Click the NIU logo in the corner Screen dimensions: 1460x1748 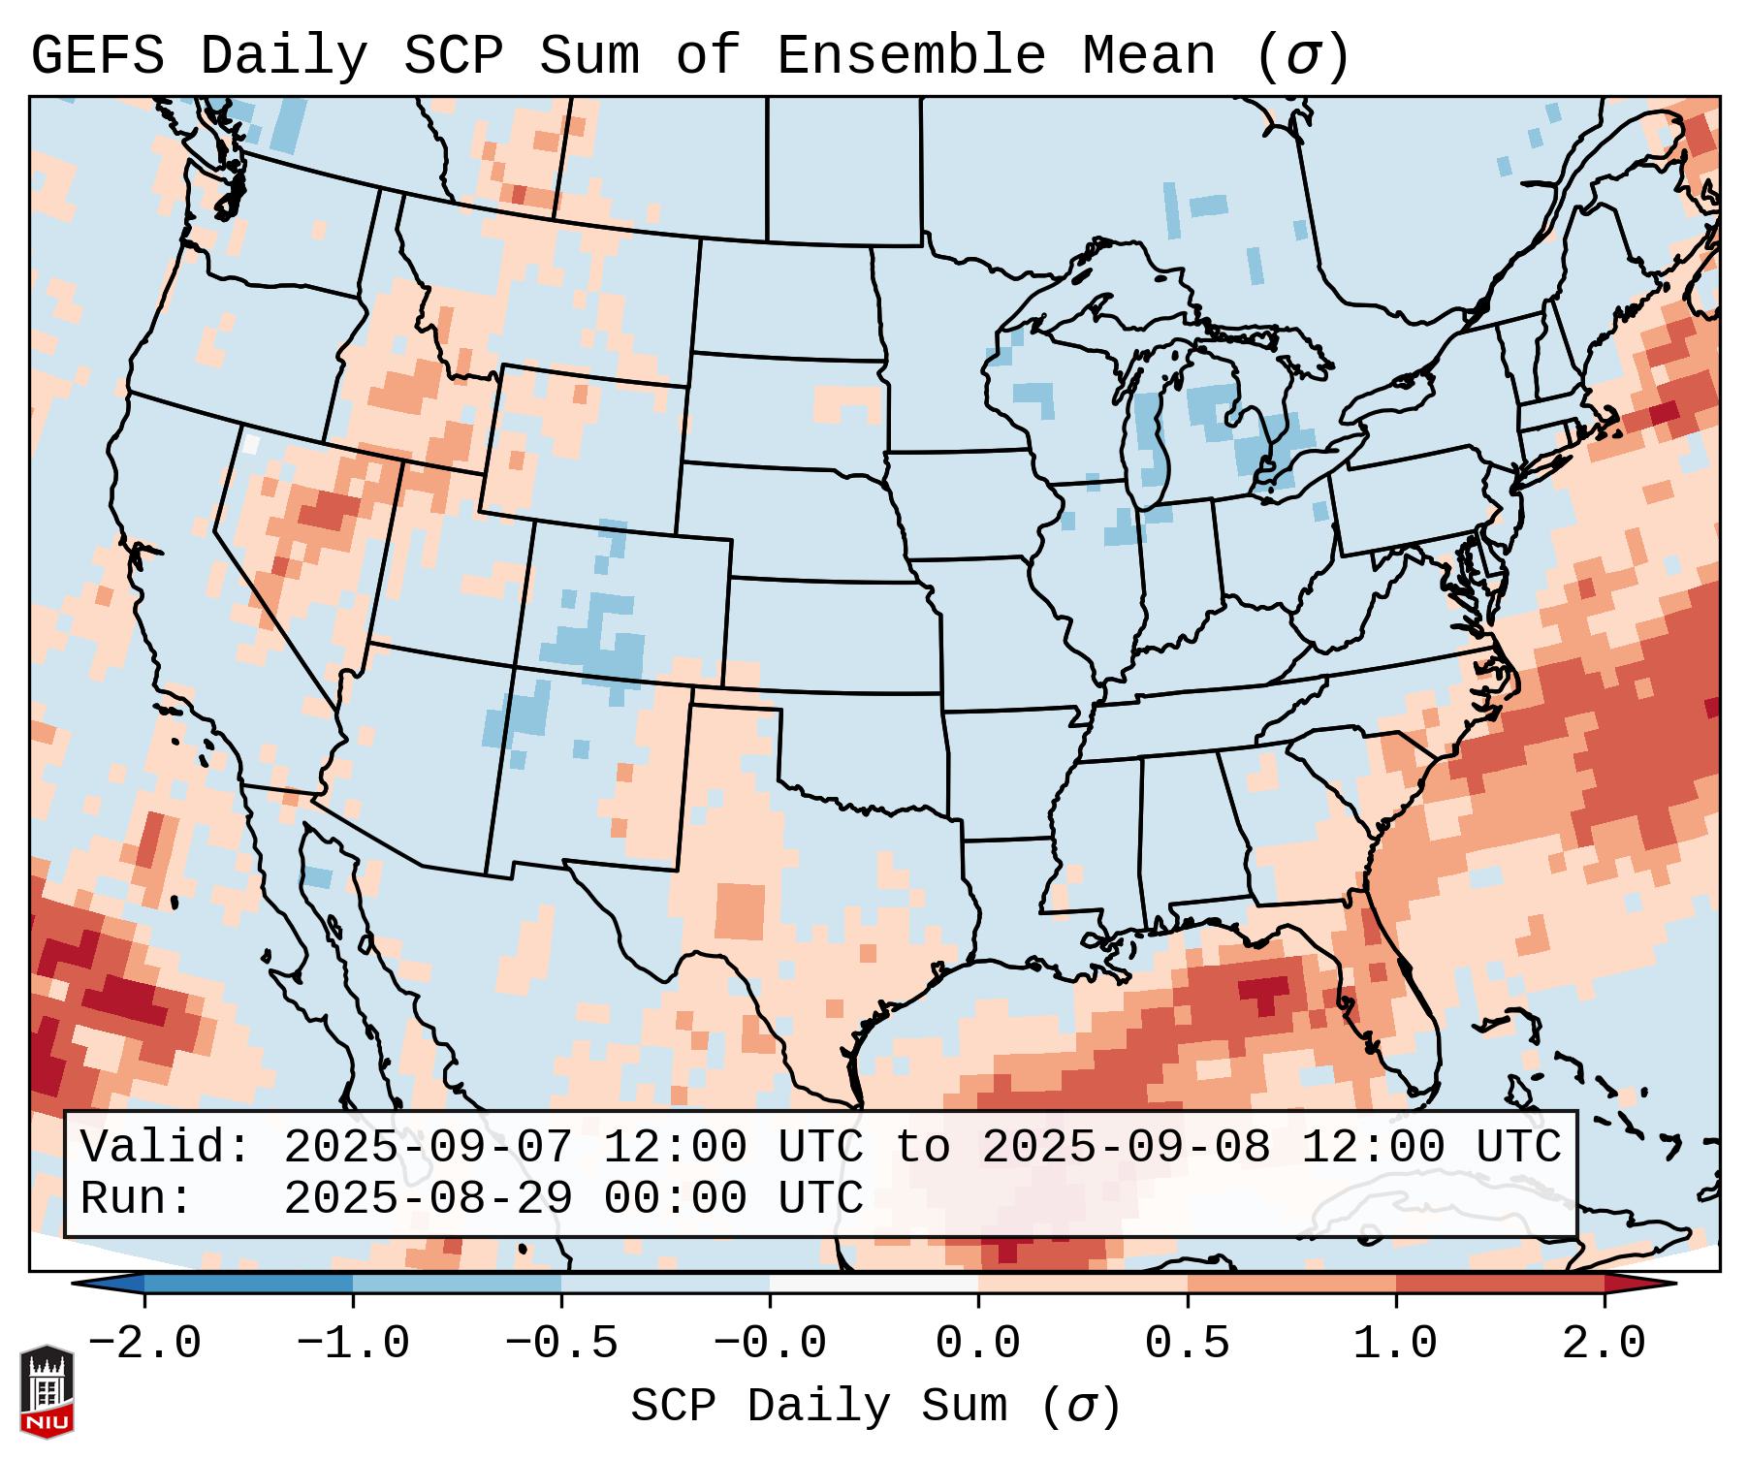47,1391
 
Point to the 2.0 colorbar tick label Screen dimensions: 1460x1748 1604,1344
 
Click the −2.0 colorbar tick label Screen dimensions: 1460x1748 144,1344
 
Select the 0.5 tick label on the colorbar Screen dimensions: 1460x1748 1187,1344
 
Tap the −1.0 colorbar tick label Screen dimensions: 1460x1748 353,1344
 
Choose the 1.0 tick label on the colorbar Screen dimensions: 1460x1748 1395,1344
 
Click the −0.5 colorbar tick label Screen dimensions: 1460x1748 561,1344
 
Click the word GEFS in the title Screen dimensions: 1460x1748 97,55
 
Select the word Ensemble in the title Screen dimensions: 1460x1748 911,55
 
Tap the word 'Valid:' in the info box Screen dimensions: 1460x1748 166,1147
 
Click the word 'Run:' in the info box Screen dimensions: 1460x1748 137,1198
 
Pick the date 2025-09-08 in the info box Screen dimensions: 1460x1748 1126,1147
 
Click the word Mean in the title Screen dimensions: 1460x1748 1149,55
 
